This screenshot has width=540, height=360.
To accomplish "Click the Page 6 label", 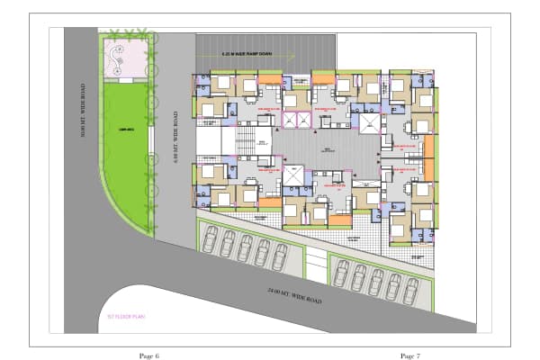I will point(149,356).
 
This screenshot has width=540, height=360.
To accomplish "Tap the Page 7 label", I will point(411,356).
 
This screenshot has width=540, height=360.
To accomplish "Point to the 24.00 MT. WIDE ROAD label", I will point(294,294).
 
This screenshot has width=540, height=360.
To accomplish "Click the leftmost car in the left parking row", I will point(211,238).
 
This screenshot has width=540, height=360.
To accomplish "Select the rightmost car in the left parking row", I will point(279,257).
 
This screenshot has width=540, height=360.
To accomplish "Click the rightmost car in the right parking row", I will point(411,290).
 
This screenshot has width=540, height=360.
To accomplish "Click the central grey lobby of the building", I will point(324,148).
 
